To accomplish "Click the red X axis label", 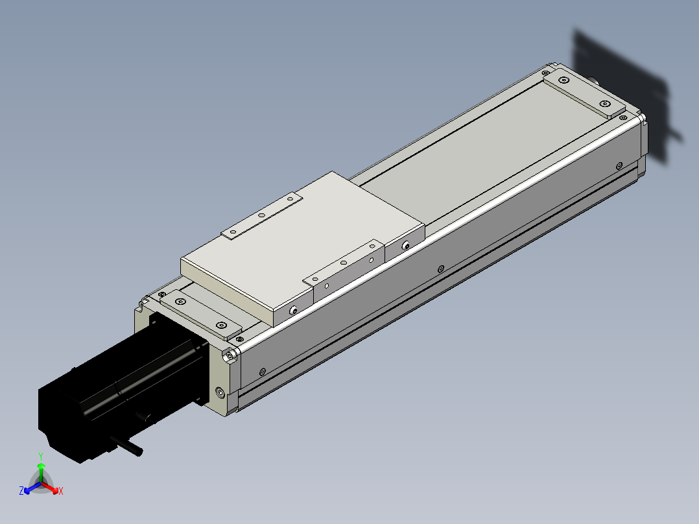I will (60, 492).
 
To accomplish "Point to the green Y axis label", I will (41, 457).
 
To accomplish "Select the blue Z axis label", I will (21, 491).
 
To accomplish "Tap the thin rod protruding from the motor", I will (127, 447).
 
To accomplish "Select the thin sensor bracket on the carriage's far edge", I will (263, 215).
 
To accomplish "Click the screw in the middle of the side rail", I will (441, 268).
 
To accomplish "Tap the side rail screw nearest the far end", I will (620, 165).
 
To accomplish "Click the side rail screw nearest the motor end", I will (262, 372).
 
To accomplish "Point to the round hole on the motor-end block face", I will (220, 392).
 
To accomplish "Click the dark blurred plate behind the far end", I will (622, 91).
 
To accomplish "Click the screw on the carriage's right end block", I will (406, 246).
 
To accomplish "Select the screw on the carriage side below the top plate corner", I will (294, 311).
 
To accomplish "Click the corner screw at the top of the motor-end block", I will (229, 355).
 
